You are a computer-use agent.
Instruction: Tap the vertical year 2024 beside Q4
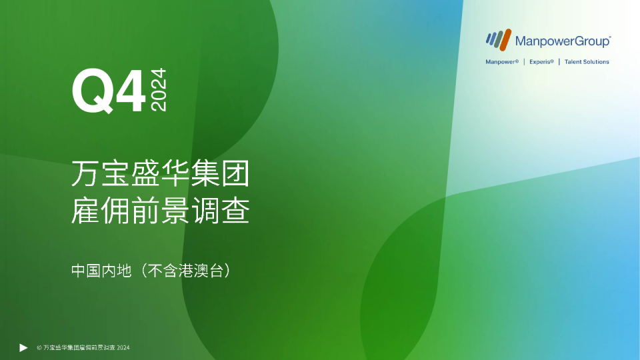click(x=159, y=89)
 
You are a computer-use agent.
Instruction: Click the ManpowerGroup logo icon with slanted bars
click(x=498, y=39)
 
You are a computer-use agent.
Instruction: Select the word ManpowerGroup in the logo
click(x=562, y=41)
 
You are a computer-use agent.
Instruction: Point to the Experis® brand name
click(x=541, y=62)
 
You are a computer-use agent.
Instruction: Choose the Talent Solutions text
click(x=587, y=62)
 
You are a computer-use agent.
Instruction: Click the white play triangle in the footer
click(x=23, y=347)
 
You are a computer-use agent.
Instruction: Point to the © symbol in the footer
click(x=39, y=348)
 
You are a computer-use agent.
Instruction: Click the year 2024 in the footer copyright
click(x=123, y=348)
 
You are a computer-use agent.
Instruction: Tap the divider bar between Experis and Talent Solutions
click(x=559, y=62)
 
